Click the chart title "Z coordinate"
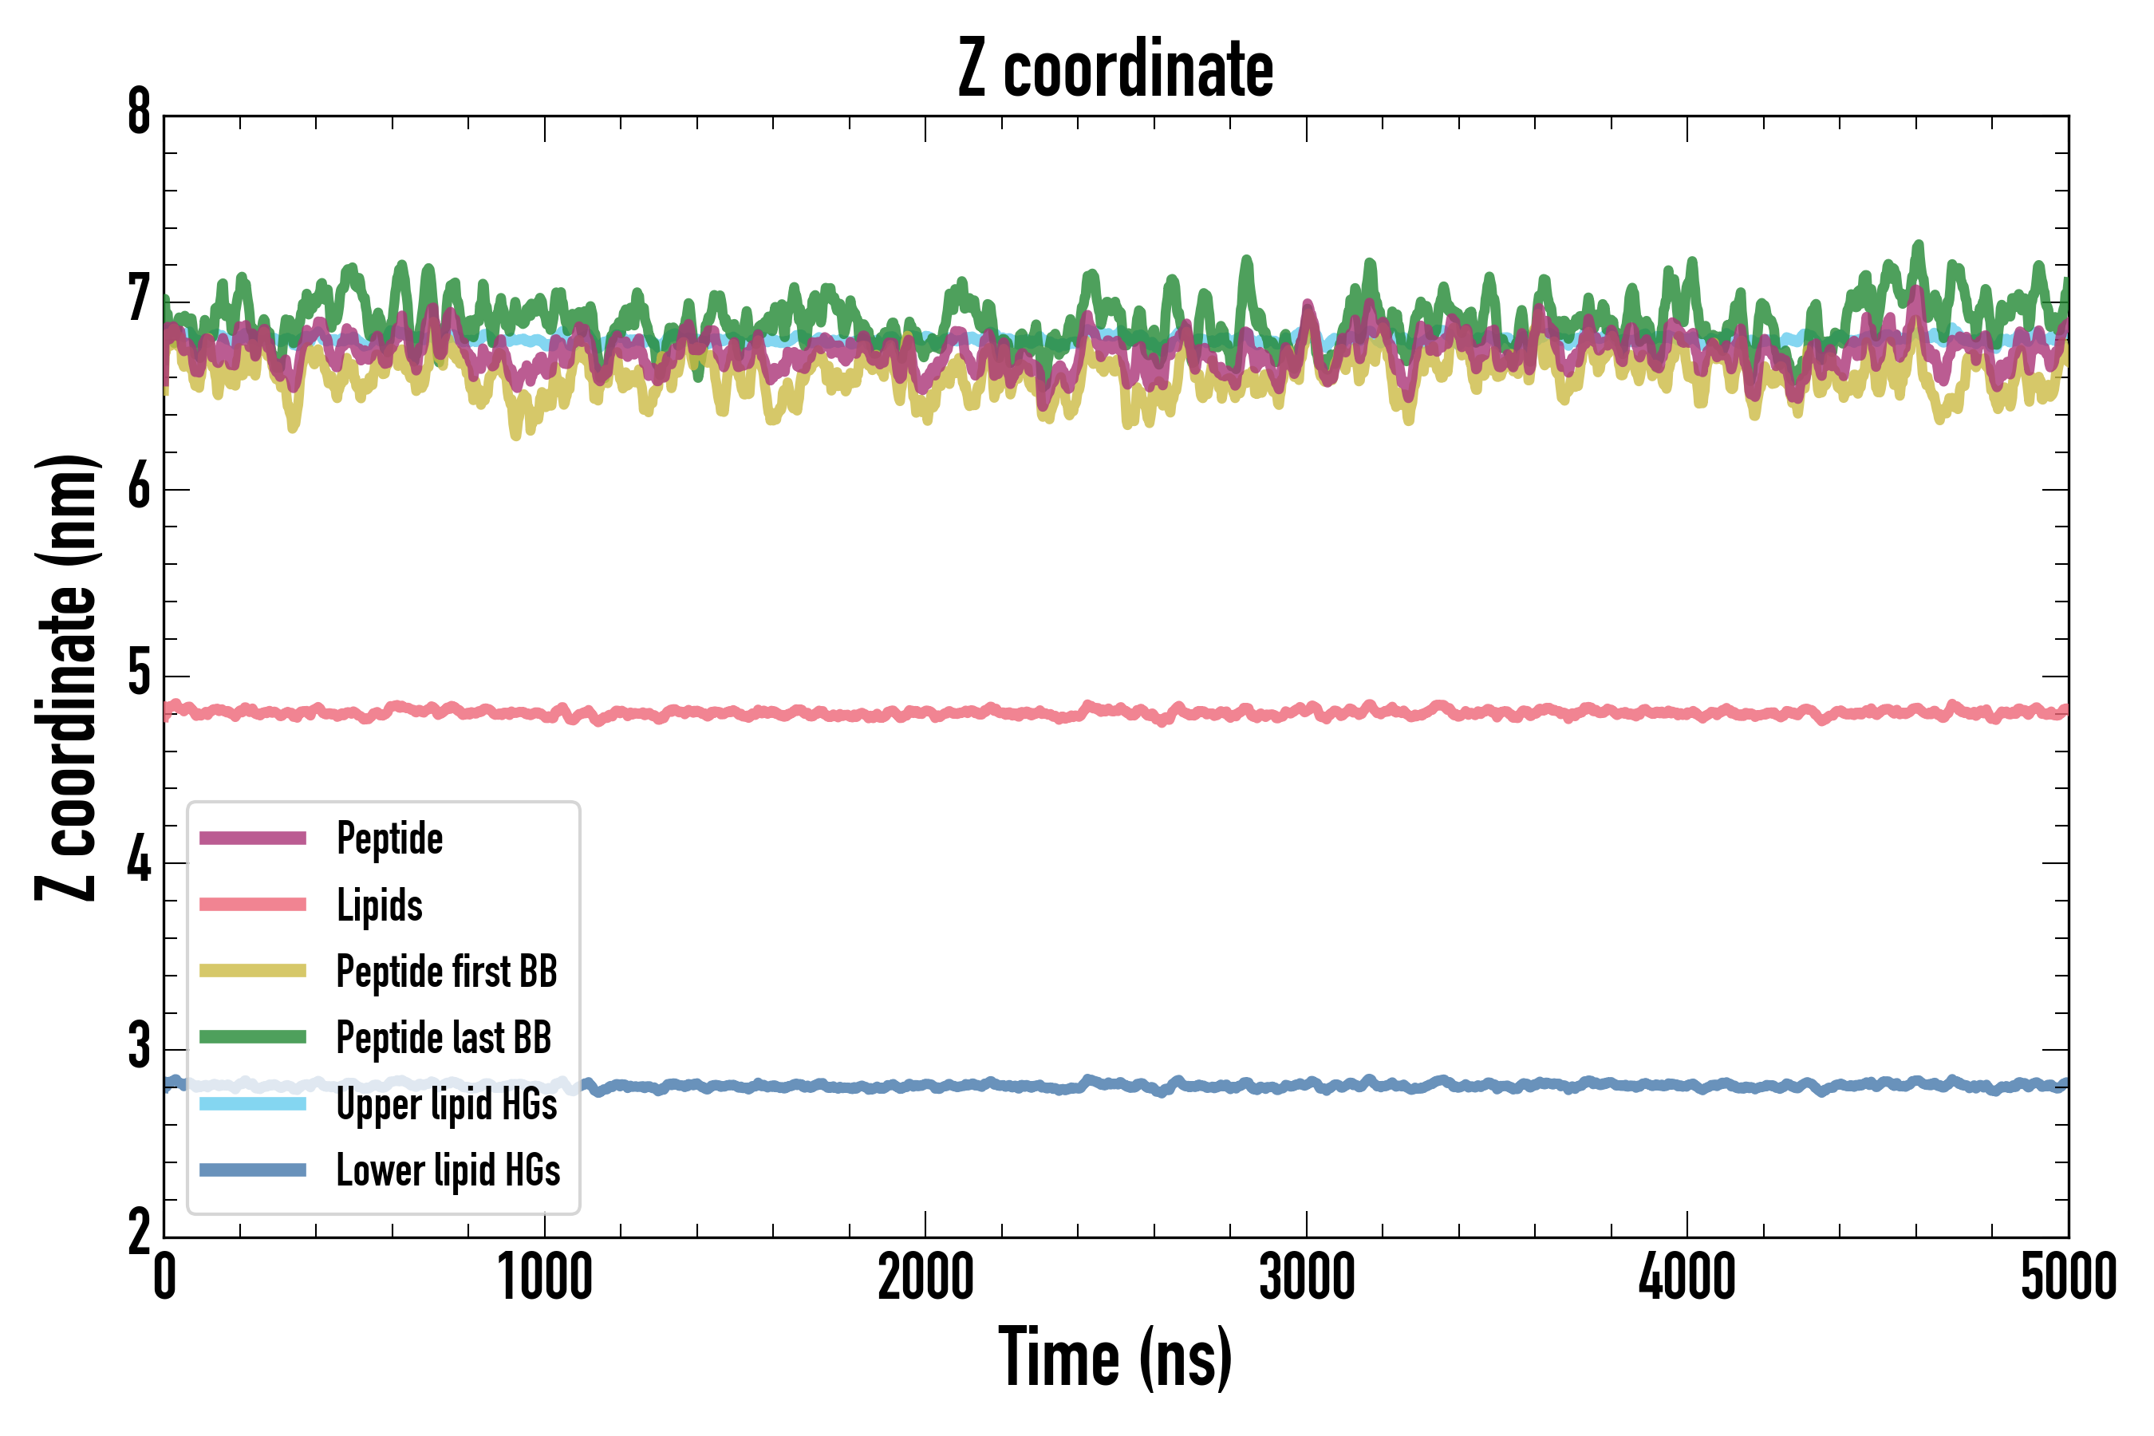pos(1114,69)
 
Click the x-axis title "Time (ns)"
pos(1114,1358)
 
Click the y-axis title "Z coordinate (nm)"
pos(66,677)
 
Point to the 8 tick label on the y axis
pos(139,113)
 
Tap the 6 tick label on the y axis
pos(139,487)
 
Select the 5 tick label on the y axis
pos(139,674)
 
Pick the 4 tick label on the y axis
pos(139,862)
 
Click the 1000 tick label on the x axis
pos(545,1277)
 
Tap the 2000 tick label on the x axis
pos(925,1277)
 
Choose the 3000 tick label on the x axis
pos(1307,1277)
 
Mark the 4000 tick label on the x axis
pos(1687,1277)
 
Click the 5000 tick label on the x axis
pos(2068,1277)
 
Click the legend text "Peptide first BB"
pos(446,972)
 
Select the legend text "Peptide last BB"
pos(444,1038)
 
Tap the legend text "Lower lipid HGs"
pos(448,1170)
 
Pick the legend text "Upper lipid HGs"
pos(446,1104)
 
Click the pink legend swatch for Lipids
pos(253,905)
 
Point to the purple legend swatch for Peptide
pos(253,838)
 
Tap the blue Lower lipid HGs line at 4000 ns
pos(1687,1085)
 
